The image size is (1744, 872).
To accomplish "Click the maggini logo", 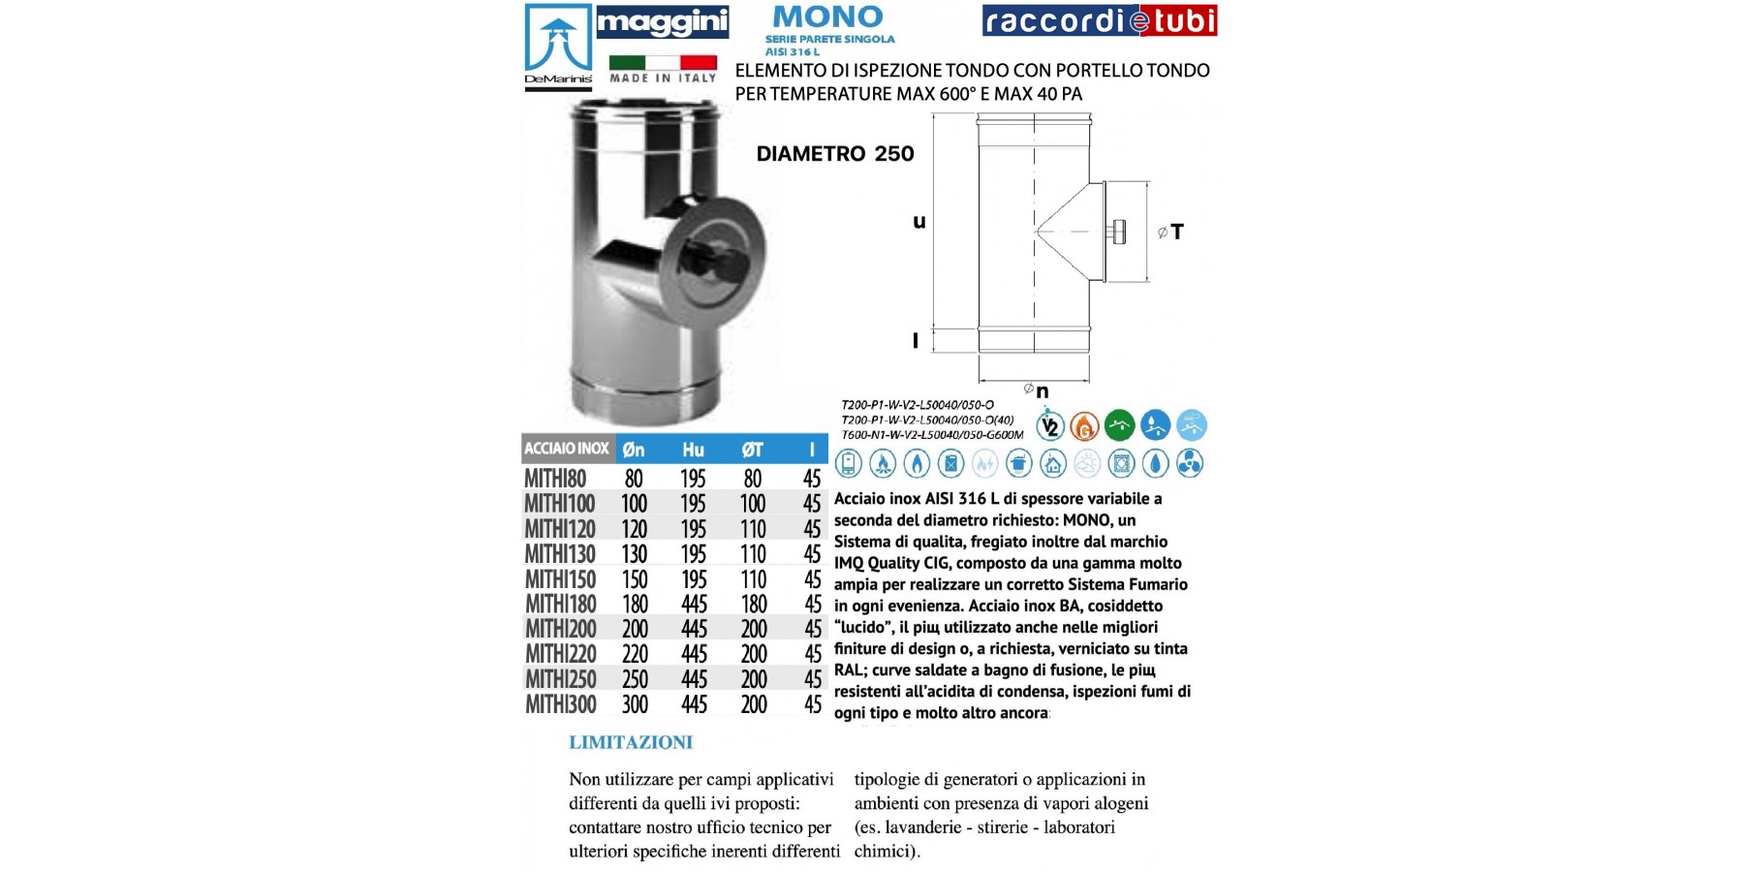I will tap(662, 22).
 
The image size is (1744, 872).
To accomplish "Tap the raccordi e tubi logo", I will tap(1100, 20).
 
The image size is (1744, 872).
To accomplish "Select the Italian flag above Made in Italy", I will tap(663, 62).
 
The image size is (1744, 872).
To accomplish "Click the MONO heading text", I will tap(828, 16).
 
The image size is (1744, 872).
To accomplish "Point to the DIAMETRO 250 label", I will tap(835, 153).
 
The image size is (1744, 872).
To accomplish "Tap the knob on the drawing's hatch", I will tap(1121, 233).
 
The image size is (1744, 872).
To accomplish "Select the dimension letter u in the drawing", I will tap(919, 222).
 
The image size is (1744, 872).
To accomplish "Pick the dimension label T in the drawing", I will tap(1176, 232).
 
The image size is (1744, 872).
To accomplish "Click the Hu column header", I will tap(693, 450).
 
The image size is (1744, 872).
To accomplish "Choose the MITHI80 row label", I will tap(555, 479).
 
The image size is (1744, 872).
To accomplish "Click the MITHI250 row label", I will tap(560, 679).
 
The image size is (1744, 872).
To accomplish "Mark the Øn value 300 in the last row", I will tap(635, 704).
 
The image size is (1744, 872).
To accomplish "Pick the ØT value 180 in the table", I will tap(753, 605).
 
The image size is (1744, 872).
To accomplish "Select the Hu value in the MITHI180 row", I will tap(694, 605).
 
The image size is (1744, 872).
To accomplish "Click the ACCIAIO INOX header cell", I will tap(567, 449).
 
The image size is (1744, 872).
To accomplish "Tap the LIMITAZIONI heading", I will tap(631, 743).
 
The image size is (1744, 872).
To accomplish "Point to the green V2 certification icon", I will tap(1050, 425).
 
